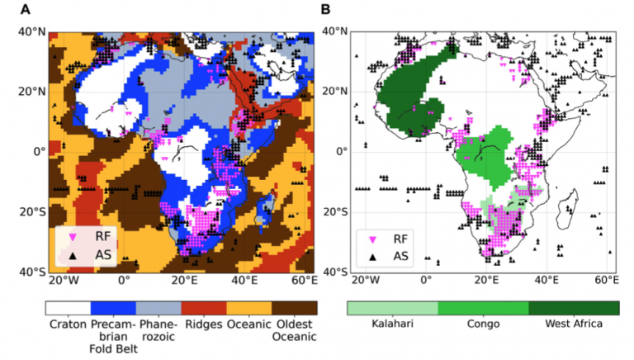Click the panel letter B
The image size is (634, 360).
point(326,10)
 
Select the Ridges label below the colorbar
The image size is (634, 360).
point(201,324)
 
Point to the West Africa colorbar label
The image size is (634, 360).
point(573,324)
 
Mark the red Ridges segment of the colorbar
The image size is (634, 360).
point(201,306)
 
